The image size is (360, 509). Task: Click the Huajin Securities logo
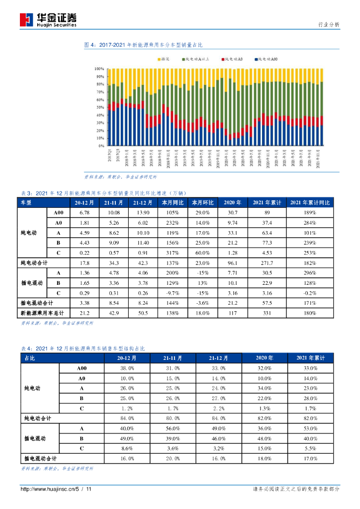click(48, 19)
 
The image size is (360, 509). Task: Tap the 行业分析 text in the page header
click(329, 25)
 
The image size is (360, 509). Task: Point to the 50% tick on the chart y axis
click(99, 108)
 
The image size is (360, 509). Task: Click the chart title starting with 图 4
click(143, 45)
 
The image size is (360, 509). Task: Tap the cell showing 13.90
click(143, 213)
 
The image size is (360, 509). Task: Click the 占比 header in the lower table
click(30, 358)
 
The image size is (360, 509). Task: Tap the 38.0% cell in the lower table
click(127, 368)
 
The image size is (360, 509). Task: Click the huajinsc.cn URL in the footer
click(47, 489)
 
